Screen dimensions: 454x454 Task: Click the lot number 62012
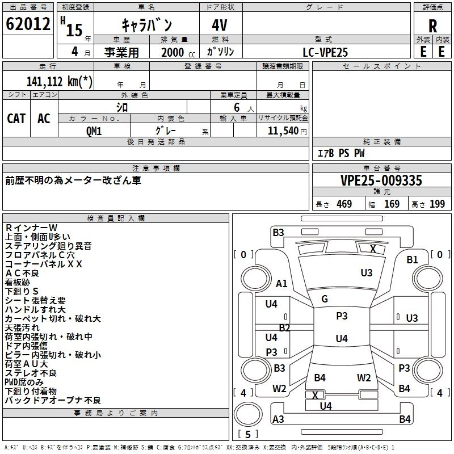[28, 24]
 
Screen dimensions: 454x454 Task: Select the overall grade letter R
[432, 26]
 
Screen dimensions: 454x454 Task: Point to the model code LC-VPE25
[325, 52]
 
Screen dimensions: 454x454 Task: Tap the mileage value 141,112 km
[60, 82]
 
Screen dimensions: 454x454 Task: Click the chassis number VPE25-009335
[381, 180]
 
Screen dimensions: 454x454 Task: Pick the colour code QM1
[94, 131]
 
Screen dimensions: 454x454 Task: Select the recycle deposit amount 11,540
[283, 131]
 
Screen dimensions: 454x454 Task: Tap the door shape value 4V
[220, 25]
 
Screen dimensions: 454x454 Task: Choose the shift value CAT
[16, 119]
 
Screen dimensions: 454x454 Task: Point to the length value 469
[344, 204]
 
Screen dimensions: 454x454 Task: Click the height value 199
[437, 204]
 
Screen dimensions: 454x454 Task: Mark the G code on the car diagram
[325, 299]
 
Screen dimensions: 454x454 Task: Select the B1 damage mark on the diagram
[413, 260]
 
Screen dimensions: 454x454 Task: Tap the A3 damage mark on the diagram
[278, 419]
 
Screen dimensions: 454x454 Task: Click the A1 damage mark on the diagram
[281, 283]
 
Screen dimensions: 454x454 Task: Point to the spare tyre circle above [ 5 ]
[248, 414]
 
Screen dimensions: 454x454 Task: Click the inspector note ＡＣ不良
[22, 273]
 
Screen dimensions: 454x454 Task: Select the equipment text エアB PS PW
[341, 153]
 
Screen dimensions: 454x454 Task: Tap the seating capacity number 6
[237, 107]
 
